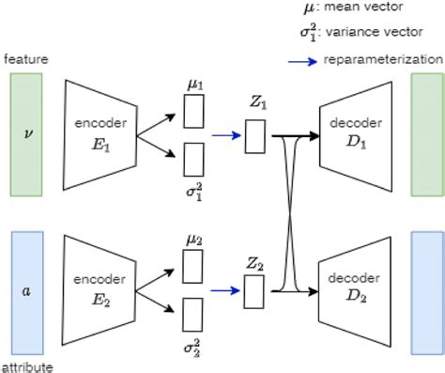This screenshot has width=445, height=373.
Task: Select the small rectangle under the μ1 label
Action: click(194, 113)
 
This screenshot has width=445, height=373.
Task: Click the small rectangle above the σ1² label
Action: click(194, 157)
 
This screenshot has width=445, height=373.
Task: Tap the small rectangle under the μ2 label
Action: click(192, 269)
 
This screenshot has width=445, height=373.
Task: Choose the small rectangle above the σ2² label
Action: click(192, 313)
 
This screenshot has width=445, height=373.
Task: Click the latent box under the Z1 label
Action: click(255, 137)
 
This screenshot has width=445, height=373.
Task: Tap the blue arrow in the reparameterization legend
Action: click(302, 60)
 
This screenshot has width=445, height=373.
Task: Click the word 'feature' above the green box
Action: click(25, 59)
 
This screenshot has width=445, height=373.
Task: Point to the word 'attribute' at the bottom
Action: click(26, 365)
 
